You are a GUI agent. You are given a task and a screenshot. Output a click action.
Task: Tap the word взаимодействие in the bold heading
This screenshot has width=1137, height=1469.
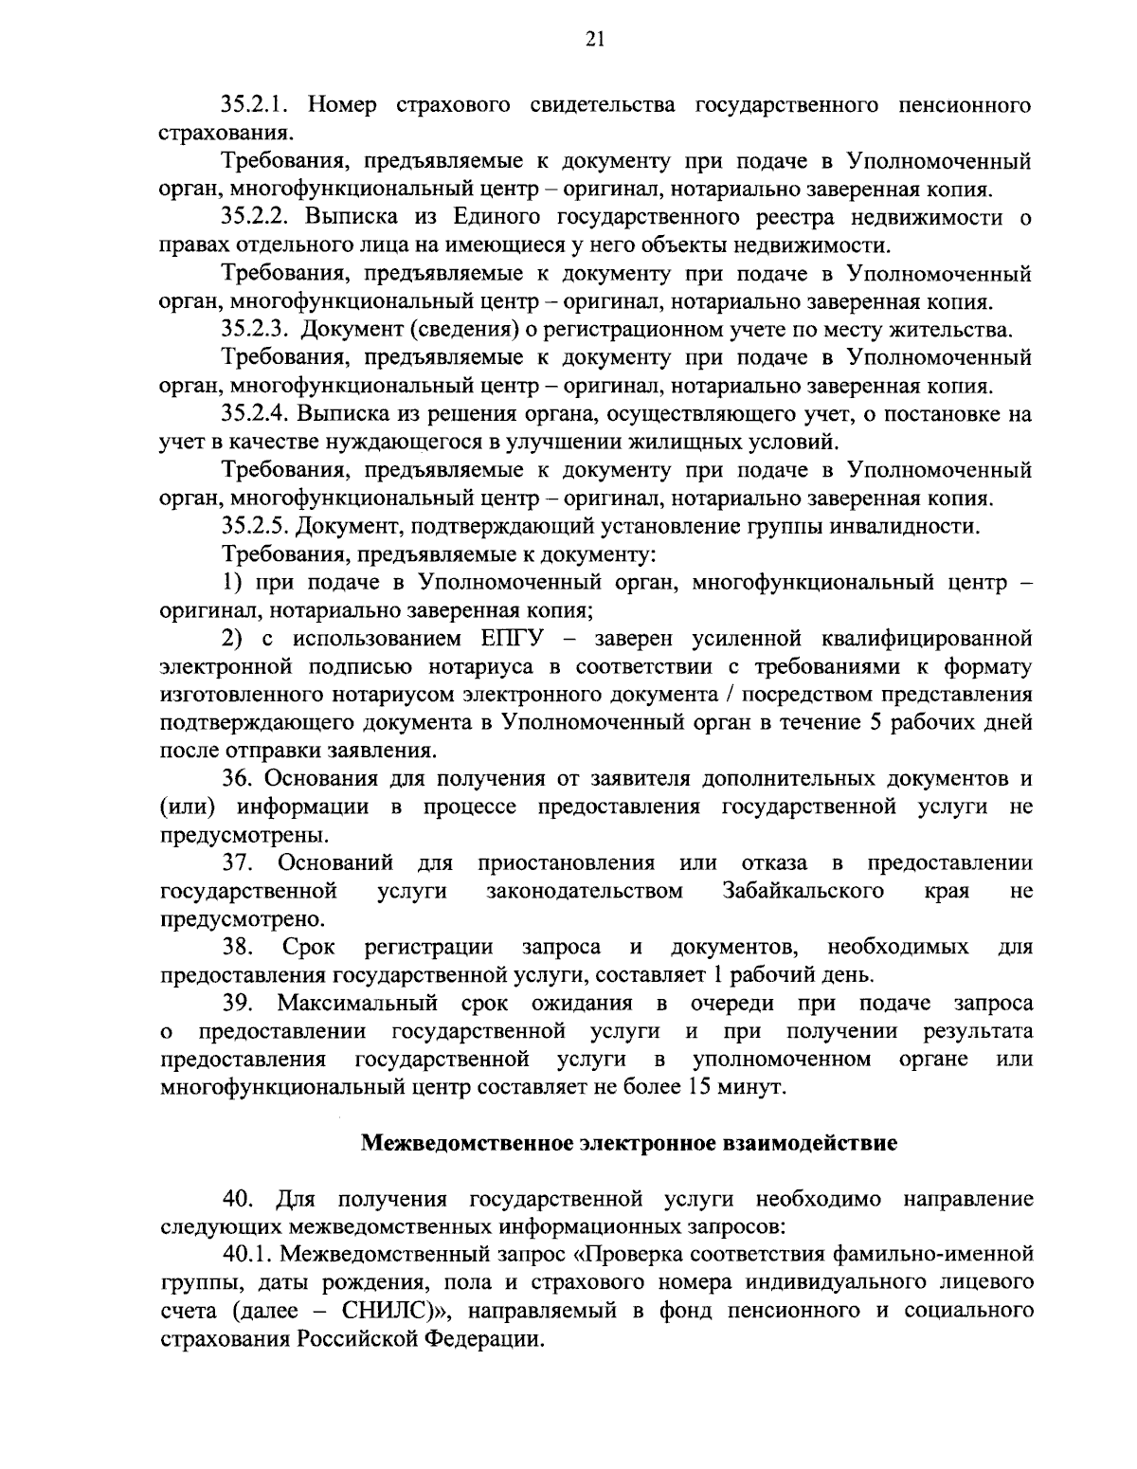pyautogui.click(x=817, y=1142)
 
